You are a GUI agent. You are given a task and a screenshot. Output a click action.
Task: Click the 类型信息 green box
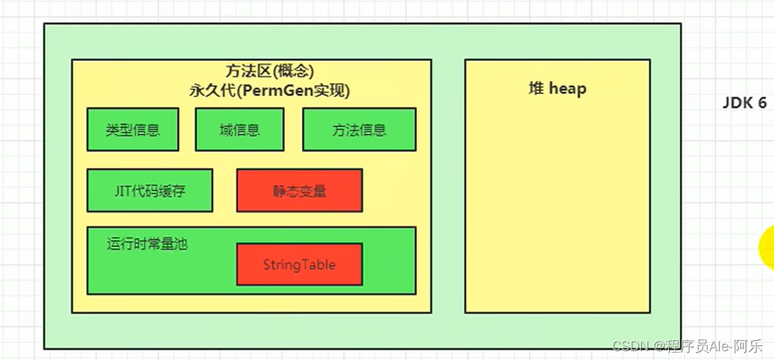[132, 130]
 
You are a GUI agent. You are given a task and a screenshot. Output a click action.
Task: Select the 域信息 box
[239, 130]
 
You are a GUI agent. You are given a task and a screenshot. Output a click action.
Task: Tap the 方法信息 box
[359, 130]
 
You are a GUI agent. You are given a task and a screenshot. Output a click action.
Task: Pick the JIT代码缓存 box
[150, 191]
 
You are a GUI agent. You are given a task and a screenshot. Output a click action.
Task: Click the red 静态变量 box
[299, 191]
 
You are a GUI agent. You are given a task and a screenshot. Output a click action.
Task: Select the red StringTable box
[299, 264]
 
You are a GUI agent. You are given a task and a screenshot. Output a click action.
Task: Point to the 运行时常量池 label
[147, 244]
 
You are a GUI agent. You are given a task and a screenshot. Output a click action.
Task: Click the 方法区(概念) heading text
[250, 71]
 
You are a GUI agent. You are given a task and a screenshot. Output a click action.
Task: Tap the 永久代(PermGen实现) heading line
[269, 91]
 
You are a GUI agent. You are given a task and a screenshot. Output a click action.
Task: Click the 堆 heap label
[557, 89]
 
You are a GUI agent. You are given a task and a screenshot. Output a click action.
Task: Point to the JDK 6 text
[744, 103]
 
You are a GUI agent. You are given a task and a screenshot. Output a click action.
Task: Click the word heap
[568, 89]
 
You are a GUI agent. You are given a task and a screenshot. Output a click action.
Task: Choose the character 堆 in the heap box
[536, 89]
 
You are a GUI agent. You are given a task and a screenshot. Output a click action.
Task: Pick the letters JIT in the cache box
[122, 191]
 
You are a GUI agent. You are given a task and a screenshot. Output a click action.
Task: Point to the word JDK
[737, 103]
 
